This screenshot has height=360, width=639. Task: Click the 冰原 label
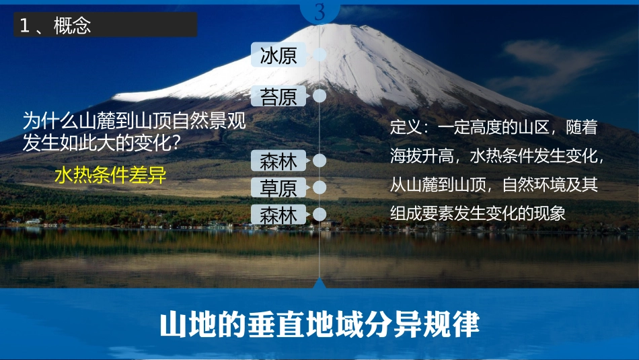(278, 55)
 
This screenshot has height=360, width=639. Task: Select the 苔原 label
(278, 97)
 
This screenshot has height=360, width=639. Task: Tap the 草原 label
(278, 186)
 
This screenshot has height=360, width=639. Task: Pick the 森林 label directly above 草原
(278, 161)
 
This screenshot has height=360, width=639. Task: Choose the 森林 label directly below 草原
(278, 215)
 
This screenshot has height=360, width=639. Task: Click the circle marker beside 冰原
(320, 55)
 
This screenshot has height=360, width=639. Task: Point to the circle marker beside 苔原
(320, 96)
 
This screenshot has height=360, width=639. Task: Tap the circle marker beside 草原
(320, 186)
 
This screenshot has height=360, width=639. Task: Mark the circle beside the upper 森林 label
(320, 161)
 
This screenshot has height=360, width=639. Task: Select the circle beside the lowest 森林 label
(320, 215)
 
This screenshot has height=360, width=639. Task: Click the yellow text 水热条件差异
(110, 176)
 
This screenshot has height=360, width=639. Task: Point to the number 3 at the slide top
(319, 11)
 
